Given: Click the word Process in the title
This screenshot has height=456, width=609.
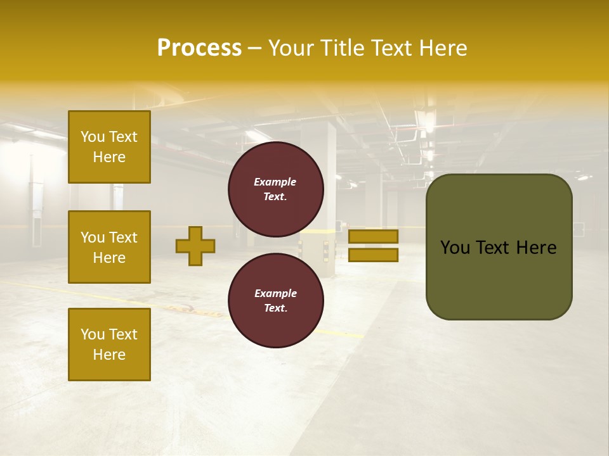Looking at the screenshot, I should tap(199, 48).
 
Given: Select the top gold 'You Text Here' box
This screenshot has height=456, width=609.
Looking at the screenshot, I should tap(109, 147).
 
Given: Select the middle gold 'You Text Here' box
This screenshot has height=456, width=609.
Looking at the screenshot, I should tap(109, 247).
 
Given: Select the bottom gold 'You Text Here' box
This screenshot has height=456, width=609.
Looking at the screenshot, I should tap(109, 344).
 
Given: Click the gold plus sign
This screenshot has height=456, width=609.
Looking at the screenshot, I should tap(195, 246).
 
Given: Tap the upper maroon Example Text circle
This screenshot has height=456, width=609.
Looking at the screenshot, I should tap(275, 189).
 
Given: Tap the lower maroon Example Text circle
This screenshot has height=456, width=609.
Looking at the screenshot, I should tap(275, 301).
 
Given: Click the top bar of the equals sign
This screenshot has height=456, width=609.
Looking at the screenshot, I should tap(373, 236).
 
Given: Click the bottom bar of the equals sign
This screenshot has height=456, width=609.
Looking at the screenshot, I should tap(373, 255).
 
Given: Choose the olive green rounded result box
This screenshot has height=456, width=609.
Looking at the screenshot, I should tap(499, 279).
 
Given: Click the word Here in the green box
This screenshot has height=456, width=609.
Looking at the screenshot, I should tap(536, 248).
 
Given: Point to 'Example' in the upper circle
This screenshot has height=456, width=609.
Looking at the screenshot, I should tap(275, 182).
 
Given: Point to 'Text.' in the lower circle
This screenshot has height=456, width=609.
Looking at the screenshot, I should tap(275, 308).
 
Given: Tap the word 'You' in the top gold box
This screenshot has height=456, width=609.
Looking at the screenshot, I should tap(93, 137).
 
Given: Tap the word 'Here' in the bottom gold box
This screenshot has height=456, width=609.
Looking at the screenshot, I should tap(109, 355).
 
